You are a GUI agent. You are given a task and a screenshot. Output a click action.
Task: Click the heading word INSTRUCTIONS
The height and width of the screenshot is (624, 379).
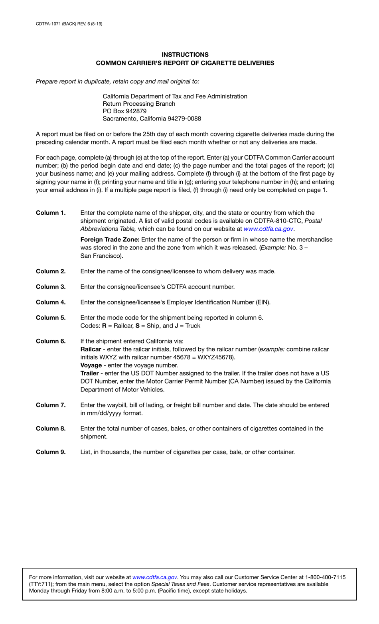coord(185,55)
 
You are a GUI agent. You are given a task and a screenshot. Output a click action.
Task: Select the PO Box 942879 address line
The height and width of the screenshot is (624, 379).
coord(124,111)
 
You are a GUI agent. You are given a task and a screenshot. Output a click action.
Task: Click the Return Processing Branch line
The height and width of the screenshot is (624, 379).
coord(139,104)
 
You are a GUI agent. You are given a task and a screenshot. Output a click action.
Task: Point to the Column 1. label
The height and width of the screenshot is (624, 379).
coord(51,213)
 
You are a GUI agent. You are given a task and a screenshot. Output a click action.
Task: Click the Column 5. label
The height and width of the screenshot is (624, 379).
coord(51,318)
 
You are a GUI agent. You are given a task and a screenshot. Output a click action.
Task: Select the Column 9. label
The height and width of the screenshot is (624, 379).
coord(51,452)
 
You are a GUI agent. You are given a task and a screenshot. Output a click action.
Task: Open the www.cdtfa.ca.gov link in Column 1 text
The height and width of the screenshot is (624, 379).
coord(268,229)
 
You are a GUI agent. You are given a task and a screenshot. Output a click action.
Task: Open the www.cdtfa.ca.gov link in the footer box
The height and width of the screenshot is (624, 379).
coord(154,577)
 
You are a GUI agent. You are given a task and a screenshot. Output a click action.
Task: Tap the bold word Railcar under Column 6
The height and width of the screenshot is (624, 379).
coord(91,350)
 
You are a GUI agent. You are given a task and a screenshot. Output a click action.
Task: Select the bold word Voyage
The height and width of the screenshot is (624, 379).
coord(91,365)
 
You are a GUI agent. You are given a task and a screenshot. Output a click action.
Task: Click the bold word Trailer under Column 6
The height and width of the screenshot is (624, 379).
coord(89,373)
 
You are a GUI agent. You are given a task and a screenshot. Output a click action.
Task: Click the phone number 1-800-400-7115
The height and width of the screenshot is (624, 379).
coord(325,577)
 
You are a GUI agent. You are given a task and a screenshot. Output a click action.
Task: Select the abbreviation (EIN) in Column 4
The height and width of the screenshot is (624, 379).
coord(263,302)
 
